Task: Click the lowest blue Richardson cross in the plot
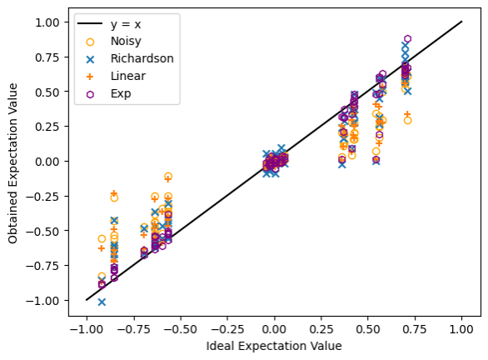(x=102, y=302)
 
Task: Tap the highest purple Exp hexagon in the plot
(x=407, y=39)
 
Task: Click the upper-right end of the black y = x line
(x=462, y=22)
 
